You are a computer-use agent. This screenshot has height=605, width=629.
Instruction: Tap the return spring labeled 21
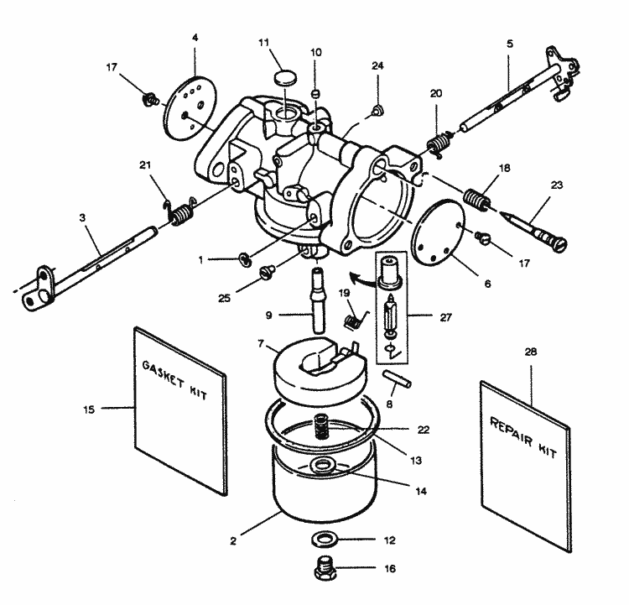coord(178,212)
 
